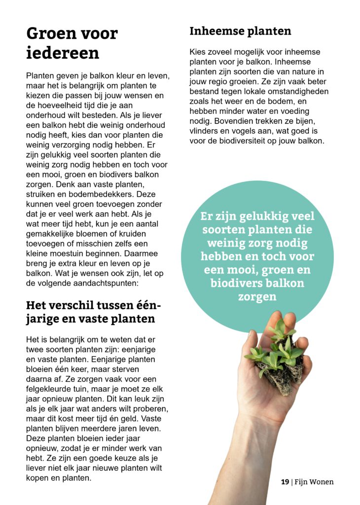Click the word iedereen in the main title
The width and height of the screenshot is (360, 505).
pos(63,53)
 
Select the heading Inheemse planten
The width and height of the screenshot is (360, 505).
pos(240,31)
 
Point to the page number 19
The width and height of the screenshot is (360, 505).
pos(285,482)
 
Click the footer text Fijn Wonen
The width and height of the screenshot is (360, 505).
pos(314,482)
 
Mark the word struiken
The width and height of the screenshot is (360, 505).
pos(41,194)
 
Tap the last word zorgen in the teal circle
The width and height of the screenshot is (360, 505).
pos(257,296)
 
